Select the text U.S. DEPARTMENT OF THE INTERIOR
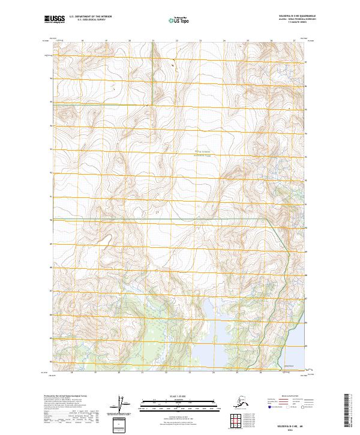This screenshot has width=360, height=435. tap(91, 17)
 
